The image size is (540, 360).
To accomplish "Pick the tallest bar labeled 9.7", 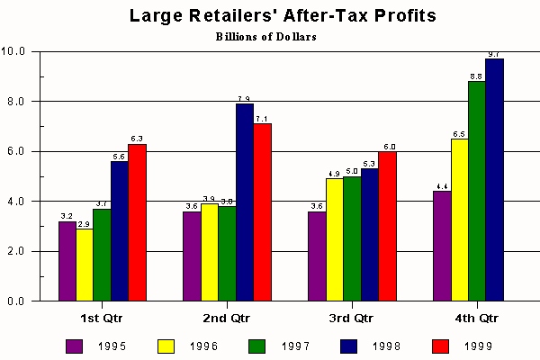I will pos(494,179).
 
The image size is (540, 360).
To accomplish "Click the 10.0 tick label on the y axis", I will pos(16,51).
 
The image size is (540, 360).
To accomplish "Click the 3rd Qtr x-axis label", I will pos(351,318).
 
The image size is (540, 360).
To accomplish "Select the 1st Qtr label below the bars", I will pos(102,318).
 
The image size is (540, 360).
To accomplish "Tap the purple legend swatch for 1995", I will pos(75,345).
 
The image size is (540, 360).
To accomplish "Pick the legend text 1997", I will pos(298,346).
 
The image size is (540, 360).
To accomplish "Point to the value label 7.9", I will pos(244,98).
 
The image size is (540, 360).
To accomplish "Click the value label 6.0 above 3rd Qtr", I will pos(390,146).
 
